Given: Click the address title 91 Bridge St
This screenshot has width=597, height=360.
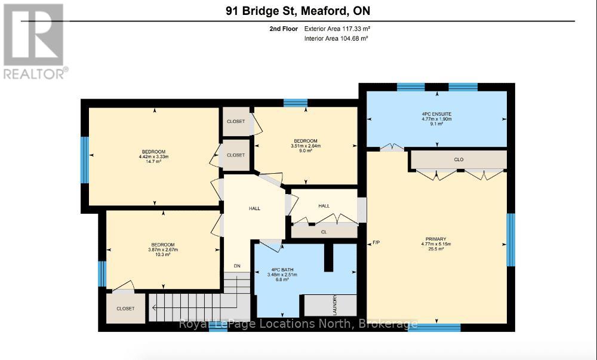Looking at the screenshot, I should [x=298, y=11].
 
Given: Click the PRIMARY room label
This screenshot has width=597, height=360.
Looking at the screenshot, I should [x=437, y=239].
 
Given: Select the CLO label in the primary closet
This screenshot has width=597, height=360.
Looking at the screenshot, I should [x=458, y=160].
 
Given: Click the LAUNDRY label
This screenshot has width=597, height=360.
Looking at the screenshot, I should [x=335, y=305].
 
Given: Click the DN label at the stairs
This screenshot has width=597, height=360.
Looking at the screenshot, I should [x=237, y=266].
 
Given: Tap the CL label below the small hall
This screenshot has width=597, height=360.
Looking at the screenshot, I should [x=324, y=232].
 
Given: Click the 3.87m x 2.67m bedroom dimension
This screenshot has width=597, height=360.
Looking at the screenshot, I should [x=162, y=250].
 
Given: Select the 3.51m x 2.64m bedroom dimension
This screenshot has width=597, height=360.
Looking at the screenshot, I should [x=306, y=146].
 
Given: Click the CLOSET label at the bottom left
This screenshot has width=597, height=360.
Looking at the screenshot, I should [x=125, y=309].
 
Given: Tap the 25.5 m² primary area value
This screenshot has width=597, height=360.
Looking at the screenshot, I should [x=437, y=250].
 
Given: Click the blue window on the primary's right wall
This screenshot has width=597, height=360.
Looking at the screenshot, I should [x=510, y=239].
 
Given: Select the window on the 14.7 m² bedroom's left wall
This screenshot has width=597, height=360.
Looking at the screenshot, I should [x=85, y=155].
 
